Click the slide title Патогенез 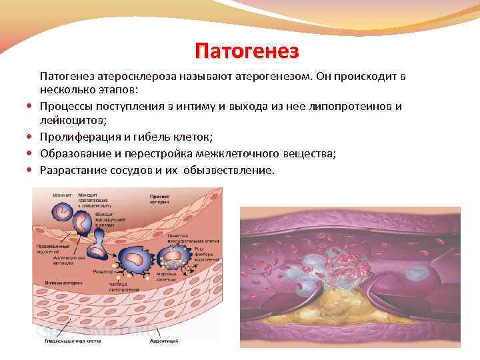point(247,51)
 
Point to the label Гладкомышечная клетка point(64,341)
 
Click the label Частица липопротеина point(123,287)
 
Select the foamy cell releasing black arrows point(177,257)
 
